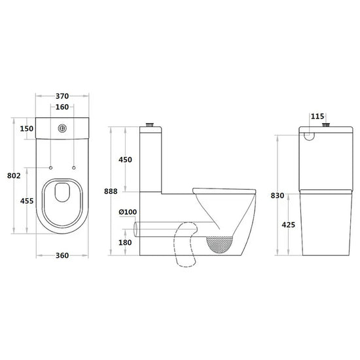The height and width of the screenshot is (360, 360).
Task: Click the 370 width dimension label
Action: tap(62, 96)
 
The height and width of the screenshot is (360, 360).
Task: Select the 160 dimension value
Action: tap(62, 107)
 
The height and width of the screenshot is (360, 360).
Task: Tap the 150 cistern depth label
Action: tap(27, 128)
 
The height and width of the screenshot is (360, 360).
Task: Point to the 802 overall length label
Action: tap(14, 175)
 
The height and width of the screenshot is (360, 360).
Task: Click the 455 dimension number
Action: tap(27, 201)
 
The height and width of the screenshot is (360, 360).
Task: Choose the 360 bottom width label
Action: tap(62, 255)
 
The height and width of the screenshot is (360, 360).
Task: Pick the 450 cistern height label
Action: tap(125, 160)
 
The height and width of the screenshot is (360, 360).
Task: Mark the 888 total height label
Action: tap(111, 191)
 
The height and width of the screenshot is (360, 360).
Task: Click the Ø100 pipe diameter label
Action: tap(128, 212)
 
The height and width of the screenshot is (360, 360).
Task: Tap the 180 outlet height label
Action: tap(125, 242)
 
